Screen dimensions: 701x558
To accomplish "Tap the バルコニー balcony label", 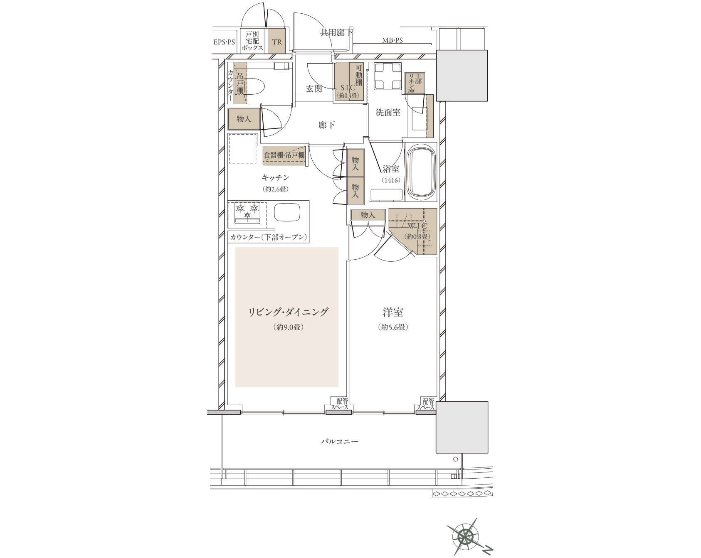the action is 339,442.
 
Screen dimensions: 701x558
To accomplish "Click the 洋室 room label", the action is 393,312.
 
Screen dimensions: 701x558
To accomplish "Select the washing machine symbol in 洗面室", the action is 388,76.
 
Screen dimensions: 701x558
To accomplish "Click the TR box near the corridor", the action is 276,42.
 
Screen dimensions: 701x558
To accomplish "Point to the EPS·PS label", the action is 224,42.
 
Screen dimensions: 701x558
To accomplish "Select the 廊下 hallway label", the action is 327,125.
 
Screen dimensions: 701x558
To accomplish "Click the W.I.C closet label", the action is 417,226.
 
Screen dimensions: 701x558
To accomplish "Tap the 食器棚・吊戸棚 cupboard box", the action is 284,155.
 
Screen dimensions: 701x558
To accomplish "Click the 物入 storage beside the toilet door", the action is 244,119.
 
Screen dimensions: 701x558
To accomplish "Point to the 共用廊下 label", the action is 336,33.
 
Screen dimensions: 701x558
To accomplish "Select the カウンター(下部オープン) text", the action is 269,237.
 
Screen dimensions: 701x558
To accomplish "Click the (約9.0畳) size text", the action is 288,327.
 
